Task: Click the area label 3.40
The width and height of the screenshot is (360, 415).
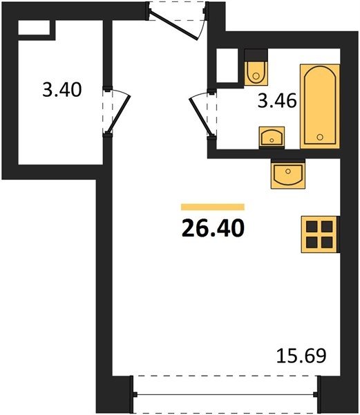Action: (x=62, y=90)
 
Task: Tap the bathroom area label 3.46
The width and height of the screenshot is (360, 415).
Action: (x=277, y=101)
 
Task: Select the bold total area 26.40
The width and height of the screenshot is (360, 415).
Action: (x=213, y=228)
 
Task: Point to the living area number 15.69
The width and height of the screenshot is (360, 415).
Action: (x=301, y=356)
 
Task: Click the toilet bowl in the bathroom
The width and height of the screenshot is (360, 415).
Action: (x=256, y=73)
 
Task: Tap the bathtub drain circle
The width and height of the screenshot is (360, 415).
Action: (x=320, y=137)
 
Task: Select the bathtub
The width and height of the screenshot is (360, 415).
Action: (x=319, y=106)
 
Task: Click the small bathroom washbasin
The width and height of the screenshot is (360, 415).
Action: (x=272, y=137)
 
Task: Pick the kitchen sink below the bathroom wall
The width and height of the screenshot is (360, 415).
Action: (x=288, y=174)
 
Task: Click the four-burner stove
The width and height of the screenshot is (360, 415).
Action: (x=320, y=234)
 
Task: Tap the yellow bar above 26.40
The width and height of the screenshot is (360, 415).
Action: (x=213, y=207)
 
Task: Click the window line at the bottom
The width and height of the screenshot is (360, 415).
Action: (x=225, y=395)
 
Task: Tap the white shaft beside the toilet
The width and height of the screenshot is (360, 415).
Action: (x=227, y=66)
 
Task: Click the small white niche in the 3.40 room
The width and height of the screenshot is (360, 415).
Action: (x=34, y=28)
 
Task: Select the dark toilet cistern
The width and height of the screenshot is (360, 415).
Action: (x=256, y=55)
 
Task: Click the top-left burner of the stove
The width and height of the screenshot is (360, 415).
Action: (x=312, y=226)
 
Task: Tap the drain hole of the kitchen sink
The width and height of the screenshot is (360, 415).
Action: (x=288, y=172)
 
